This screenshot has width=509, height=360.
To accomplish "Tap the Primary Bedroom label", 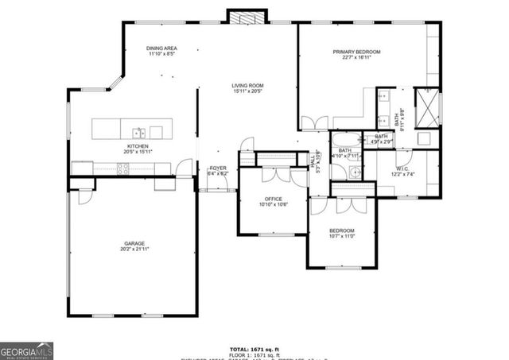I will [356, 52].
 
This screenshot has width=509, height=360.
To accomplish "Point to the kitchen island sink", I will [139, 131].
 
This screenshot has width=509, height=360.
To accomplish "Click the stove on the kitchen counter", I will [124, 168].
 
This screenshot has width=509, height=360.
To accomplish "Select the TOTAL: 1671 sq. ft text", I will [254, 349].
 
